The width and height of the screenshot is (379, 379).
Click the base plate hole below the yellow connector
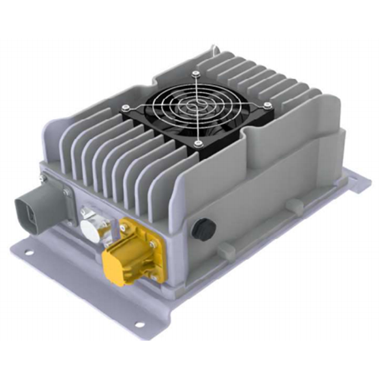[x=139, y=324]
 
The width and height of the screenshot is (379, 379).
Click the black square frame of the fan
[x=142, y=118]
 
